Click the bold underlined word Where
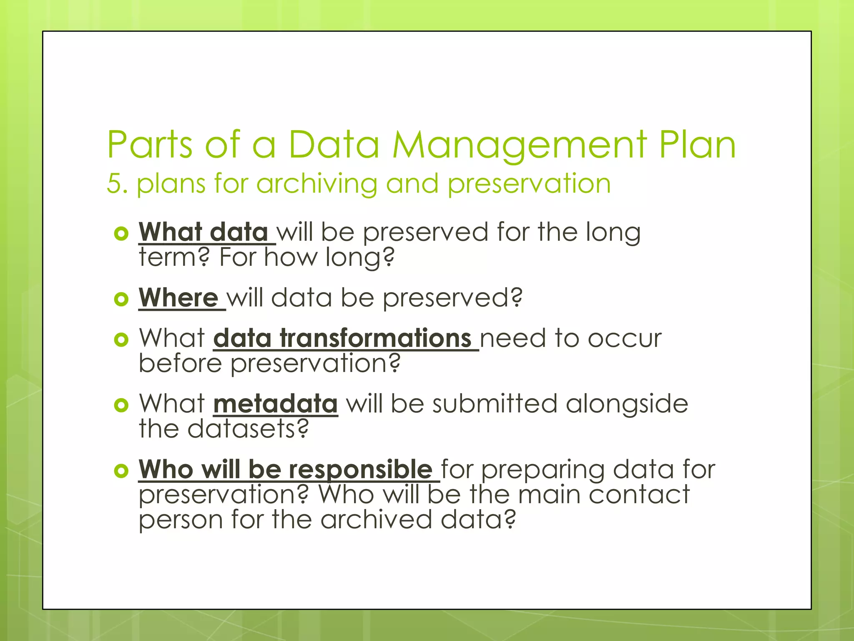tap(178, 298)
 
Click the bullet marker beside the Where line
tap(121, 299)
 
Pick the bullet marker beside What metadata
tap(121, 405)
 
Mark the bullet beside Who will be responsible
tap(121, 471)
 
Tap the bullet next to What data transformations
tap(121, 339)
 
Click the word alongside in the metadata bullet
tap(627, 404)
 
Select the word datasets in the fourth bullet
tap(248, 429)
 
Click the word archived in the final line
tap(376, 520)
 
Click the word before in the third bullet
tap(180, 363)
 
